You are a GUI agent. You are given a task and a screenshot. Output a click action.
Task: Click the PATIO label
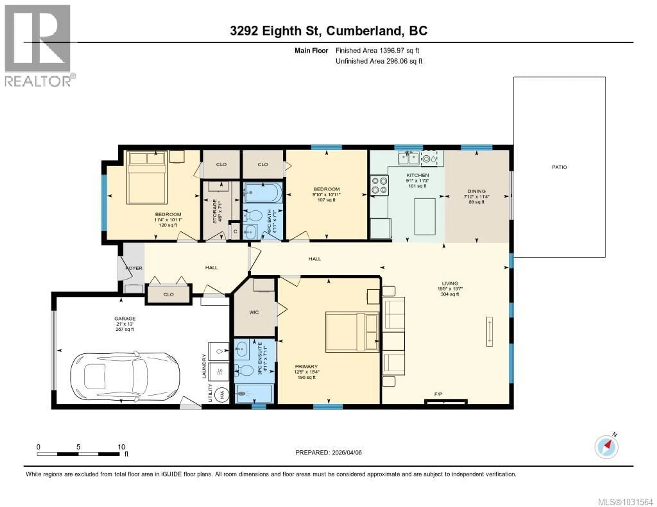click(x=559, y=167)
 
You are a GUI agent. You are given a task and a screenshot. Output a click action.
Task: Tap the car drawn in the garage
click(x=125, y=377)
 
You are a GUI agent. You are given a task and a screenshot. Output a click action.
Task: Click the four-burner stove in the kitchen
click(x=379, y=185)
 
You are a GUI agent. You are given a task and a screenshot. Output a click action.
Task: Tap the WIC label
click(x=254, y=312)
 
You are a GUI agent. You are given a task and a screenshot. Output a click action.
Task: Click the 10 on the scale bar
click(x=121, y=447)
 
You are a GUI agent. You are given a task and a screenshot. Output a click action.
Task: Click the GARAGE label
click(x=125, y=319)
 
